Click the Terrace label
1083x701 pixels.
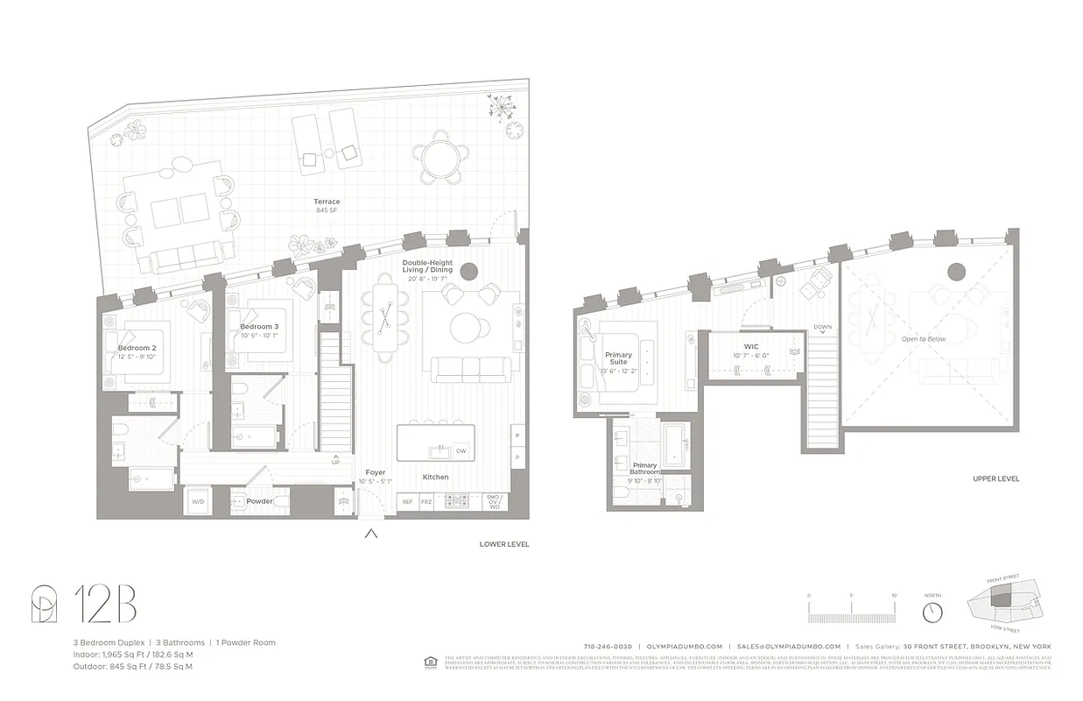tap(327, 202)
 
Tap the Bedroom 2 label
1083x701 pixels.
tap(137, 348)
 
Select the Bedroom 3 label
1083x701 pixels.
tap(259, 327)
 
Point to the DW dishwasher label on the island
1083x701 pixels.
tap(461, 451)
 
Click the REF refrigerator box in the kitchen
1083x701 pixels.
tap(407, 502)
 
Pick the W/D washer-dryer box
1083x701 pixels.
tap(197, 502)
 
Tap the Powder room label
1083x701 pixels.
tap(258, 501)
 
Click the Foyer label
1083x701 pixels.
tap(375, 473)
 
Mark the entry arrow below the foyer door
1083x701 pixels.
tap(371, 533)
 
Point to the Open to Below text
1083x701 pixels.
tap(924, 338)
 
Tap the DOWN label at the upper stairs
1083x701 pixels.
tap(822, 327)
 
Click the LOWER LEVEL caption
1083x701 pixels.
tap(504, 544)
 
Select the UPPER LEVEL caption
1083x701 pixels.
tap(995, 479)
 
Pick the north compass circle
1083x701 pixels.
tap(932, 611)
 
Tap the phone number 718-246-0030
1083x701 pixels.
tap(608, 646)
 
